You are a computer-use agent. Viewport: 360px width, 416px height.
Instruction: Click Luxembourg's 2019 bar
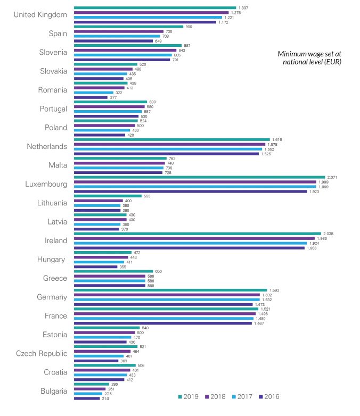(x=199, y=177)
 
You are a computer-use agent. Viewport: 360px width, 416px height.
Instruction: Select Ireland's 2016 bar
(x=189, y=248)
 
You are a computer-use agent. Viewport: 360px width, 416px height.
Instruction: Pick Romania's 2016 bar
(x=91, y=97)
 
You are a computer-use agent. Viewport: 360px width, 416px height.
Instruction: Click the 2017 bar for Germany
(x=167, y=299)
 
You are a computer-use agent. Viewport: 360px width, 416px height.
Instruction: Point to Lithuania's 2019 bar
(x=108, y=196)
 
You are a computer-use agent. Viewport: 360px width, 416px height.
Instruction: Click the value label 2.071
(x=332, y=177)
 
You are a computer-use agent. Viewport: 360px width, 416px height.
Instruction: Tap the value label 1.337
(x=243, y=8)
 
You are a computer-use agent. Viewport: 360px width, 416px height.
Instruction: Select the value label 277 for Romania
(x=112, y=97)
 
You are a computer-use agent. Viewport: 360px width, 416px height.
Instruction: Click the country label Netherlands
(x=47, y=146)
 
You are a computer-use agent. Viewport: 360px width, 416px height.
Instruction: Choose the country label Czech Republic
(x=42, y=354)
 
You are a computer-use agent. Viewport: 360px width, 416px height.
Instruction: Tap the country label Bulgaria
(x=54, y=392)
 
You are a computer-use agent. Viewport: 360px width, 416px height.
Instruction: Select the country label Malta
(x=57, y=165)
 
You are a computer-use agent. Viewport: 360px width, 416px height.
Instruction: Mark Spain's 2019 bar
(x=128, y=27)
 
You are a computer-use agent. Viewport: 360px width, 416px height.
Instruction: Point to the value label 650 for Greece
(x=158, y=271)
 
